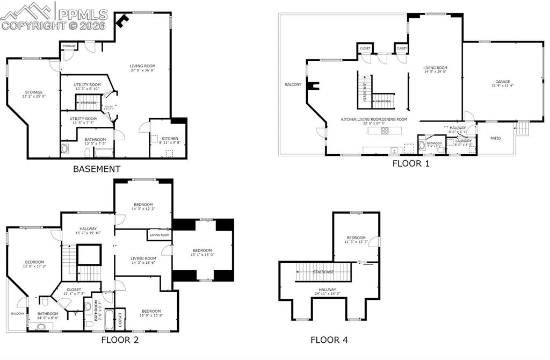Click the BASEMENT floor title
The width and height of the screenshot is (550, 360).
pos(97,169)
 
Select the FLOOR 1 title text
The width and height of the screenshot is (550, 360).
pos(411,164)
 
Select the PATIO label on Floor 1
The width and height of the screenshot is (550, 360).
pos(495,139)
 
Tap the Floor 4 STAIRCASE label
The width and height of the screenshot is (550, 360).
pos(323,272)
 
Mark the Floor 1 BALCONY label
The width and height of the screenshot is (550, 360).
pos(293,84)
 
